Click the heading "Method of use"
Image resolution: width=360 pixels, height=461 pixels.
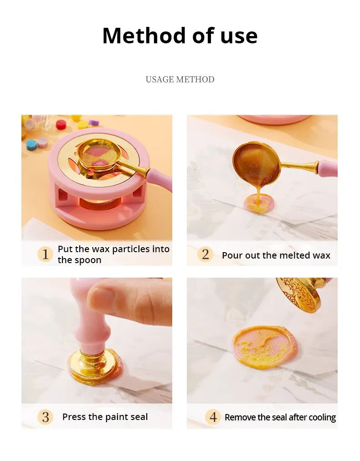pos(180,36)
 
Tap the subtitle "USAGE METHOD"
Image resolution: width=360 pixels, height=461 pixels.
pos(180,79)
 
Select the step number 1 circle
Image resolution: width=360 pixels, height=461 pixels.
pos(45,254)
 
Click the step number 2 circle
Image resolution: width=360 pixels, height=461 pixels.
pos(206,254)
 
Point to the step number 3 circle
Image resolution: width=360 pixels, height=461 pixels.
pos(45,417)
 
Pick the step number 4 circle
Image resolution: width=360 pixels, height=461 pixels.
pos(213,417)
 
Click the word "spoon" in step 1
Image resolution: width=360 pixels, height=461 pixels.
pos(89,260)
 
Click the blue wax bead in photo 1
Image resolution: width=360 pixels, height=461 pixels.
pos(31,145)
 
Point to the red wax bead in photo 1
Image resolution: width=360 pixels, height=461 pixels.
pos(61,124)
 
